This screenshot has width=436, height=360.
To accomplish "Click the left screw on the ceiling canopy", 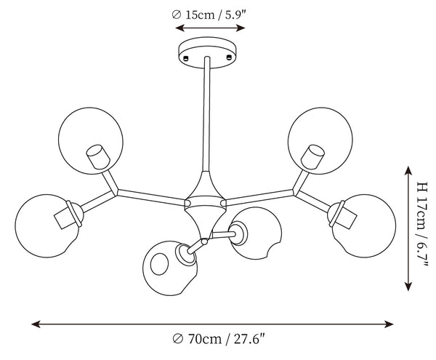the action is click(186, 58).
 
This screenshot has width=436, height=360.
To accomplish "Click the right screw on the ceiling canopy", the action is click(229, 57).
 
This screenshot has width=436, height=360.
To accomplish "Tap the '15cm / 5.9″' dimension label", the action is click(210, 15).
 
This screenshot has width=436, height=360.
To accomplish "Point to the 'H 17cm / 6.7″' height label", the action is click(422, 224).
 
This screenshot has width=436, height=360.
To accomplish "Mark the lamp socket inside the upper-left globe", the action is click(98, 157).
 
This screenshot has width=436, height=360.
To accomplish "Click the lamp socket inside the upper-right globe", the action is click(313, 157).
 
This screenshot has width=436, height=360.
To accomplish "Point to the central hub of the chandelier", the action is click(205, 204).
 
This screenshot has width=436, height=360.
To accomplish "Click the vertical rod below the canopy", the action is click(206, 114).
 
